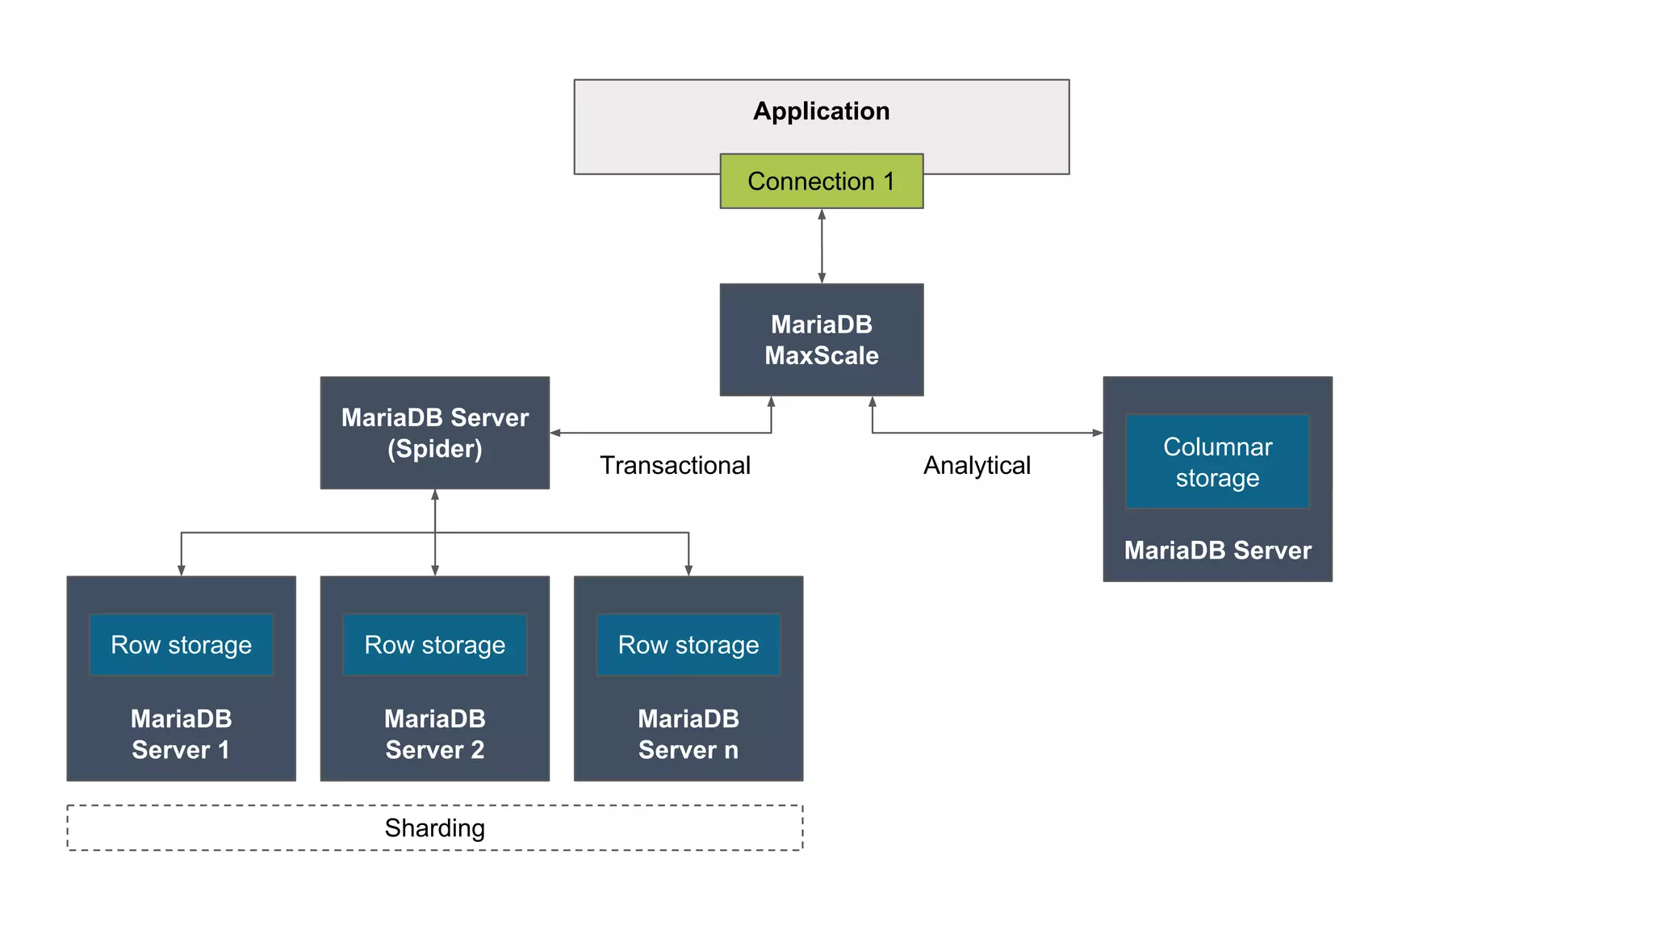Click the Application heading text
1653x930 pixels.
821,111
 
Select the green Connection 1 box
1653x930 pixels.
821,182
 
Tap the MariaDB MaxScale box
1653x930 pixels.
821,340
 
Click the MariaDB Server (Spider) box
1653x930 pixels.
434,433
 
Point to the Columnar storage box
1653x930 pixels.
1217,462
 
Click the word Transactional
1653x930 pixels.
675,466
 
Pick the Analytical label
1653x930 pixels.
977,466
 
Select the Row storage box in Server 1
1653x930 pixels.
181,645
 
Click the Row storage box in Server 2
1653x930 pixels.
434,645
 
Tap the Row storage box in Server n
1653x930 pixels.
688,645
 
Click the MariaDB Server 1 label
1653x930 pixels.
181,734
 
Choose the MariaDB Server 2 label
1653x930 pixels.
434,734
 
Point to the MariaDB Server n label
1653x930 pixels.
688,734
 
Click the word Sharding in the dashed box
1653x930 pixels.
434,828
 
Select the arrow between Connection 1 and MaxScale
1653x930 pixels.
822,246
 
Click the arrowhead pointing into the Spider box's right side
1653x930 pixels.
556,433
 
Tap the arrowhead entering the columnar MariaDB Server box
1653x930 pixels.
1097,433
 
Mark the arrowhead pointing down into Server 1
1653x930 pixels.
182,570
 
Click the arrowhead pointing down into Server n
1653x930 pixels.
688,570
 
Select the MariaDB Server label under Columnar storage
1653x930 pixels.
1217,551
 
